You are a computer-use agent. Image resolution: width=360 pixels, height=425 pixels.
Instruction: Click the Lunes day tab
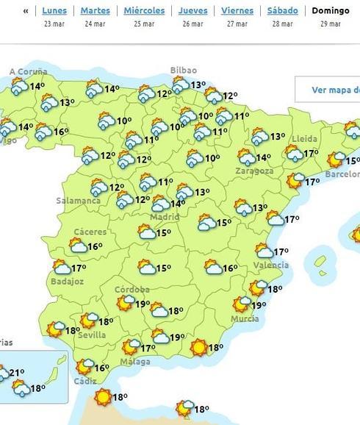point(54,11)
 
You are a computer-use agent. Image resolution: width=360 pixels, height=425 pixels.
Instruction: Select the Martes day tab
point(95,11)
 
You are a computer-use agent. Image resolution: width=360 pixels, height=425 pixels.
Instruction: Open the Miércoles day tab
point(143,11)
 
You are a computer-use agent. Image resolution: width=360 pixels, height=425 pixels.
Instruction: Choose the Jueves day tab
point(192,11)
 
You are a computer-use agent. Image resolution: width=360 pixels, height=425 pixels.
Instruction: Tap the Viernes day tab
point(237,11)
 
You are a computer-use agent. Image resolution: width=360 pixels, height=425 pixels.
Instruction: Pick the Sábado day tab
point(283,11)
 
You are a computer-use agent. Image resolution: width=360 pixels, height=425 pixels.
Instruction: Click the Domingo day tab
point(331,11)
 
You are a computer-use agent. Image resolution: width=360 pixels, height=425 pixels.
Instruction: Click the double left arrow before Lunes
point(26,11)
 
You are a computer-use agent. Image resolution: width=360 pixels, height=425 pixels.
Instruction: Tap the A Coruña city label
point(28,72)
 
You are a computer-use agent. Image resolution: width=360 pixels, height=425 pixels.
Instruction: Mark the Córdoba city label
point(132,290)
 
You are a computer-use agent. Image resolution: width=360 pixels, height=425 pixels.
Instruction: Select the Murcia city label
point(244,318)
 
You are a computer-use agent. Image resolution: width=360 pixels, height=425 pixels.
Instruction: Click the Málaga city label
point(135,361)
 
